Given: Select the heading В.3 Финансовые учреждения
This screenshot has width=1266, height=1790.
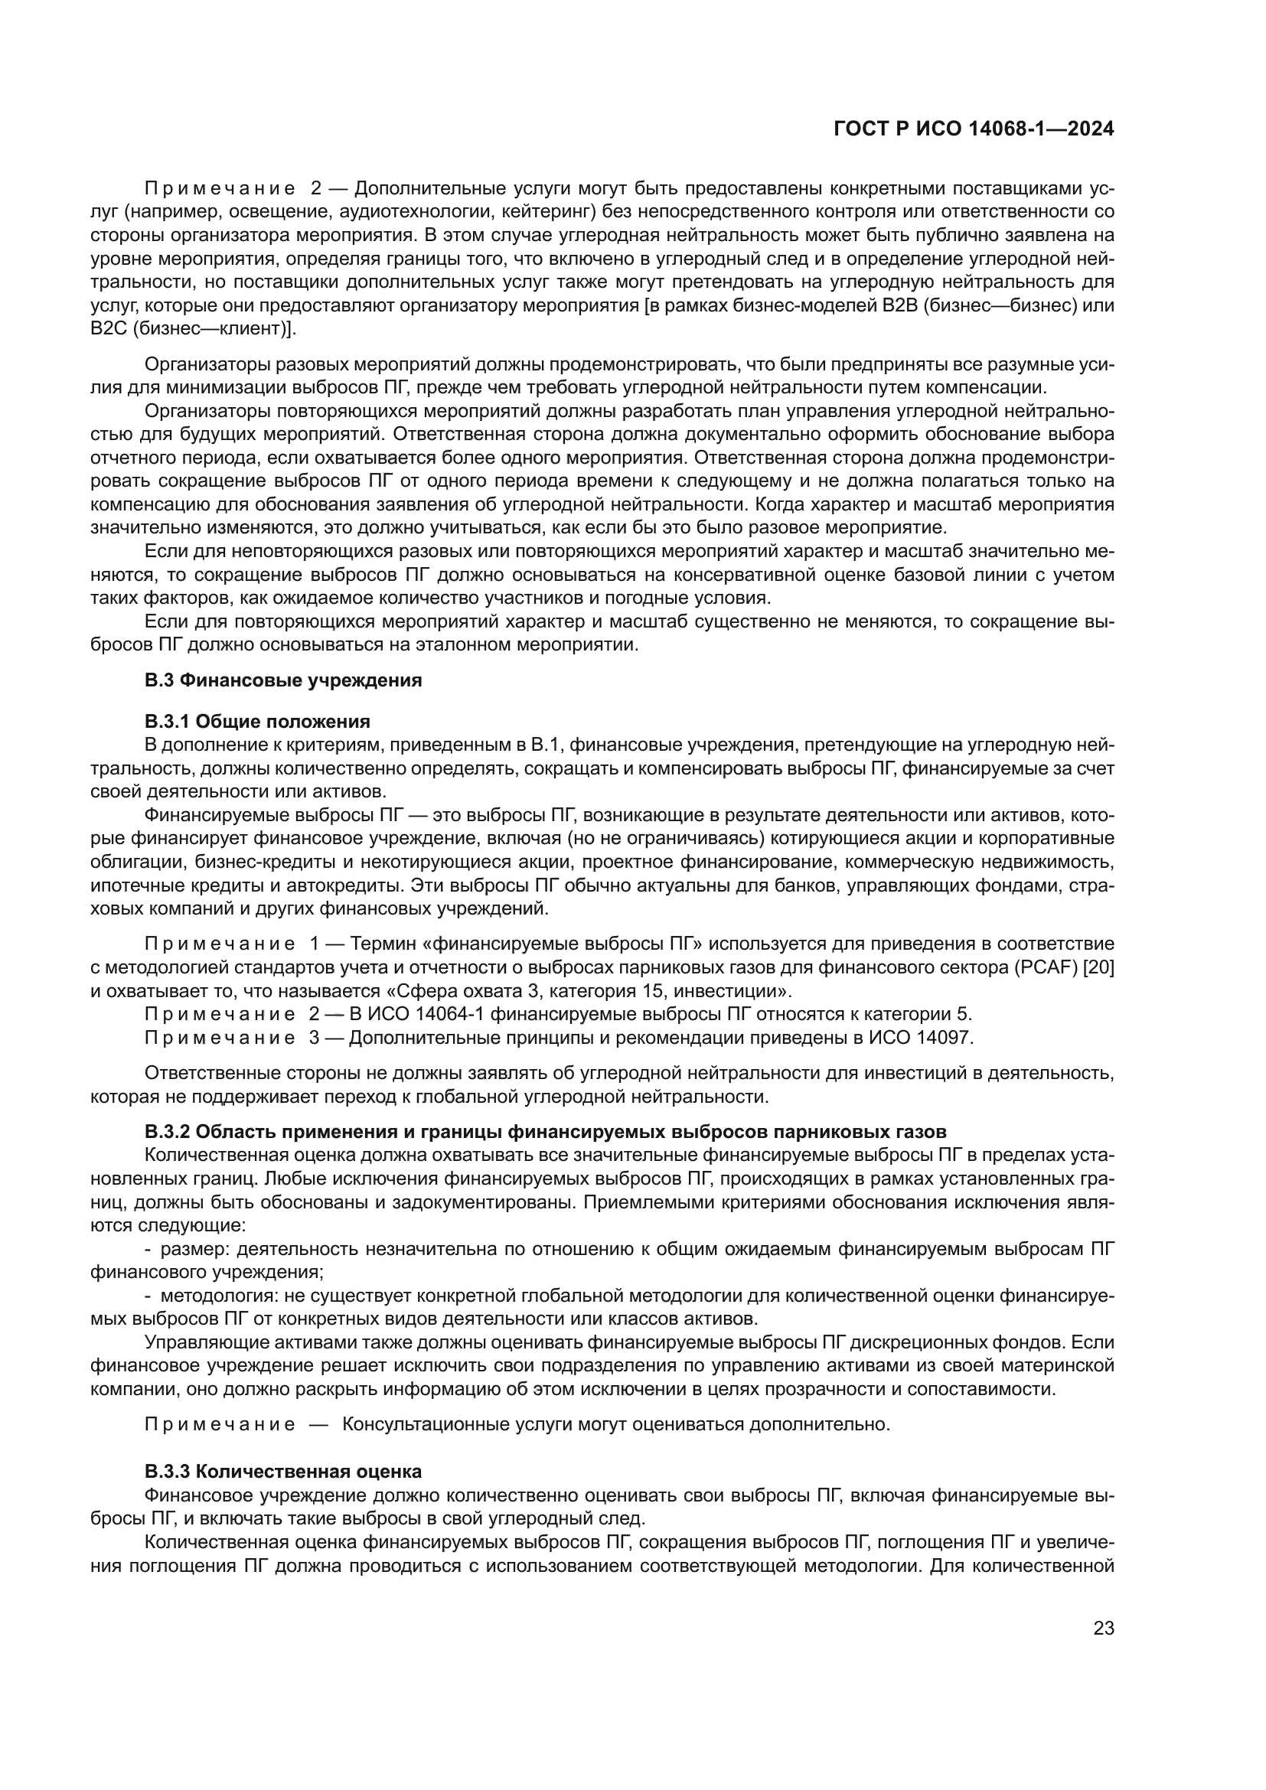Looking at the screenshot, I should (x=283, y=680).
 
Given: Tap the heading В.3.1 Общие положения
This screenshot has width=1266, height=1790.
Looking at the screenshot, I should (x=257, y=720).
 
